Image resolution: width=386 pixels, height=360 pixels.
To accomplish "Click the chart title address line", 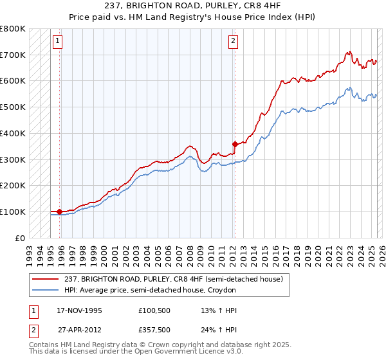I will click(193, 5).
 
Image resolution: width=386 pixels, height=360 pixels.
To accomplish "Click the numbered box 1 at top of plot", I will click(57, 42).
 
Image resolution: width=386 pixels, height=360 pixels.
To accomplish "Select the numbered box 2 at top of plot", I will click(232, 42).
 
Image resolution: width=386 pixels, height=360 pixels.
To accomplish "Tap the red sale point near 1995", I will click(59, 211).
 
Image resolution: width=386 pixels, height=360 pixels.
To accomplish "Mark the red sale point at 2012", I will click(235, 144).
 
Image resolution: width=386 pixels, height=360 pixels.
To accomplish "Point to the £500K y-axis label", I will click(13, 107).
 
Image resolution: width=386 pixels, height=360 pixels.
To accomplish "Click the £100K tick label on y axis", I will click(13, 212).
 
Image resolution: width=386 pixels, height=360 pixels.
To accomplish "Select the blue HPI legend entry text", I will click(151, 290).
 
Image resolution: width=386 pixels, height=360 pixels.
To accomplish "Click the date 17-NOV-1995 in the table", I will click(79, 310).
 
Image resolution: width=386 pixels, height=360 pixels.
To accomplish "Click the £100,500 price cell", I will click(154, 310).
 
